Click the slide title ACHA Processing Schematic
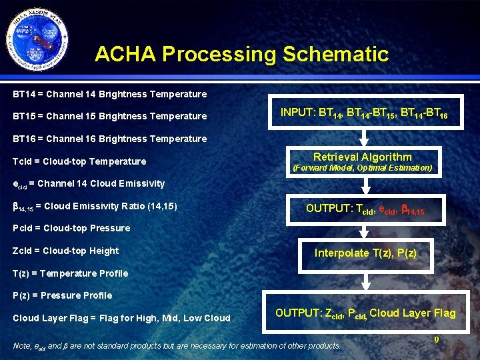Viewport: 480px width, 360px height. (x=241, y=54)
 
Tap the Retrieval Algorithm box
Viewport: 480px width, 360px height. (x=362, y=162)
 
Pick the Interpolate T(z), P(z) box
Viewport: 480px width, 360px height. (x=365, y=253)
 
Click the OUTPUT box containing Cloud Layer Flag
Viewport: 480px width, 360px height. (x=365, y=313)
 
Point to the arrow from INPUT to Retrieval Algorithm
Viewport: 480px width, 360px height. (x=363, y=137)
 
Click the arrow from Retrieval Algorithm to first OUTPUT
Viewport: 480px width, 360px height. (x=363, y=187)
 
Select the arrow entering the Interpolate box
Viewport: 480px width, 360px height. (x=363, y=231)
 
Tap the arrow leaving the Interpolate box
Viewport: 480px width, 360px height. (x=363, y=280)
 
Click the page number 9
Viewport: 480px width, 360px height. (x=436, y=340)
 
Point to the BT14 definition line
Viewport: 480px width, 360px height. (x=110, y=94)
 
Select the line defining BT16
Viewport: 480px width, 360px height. (x=110, y=139)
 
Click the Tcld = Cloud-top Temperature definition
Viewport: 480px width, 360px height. (x=79, y=161)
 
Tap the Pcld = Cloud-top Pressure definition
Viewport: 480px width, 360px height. (x=71, y=228)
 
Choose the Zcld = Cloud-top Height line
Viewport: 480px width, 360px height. (x=65, y=251)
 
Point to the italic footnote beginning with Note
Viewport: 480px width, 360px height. (x=177, y=345)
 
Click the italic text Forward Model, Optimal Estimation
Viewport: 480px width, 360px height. (x=363, y=168)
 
